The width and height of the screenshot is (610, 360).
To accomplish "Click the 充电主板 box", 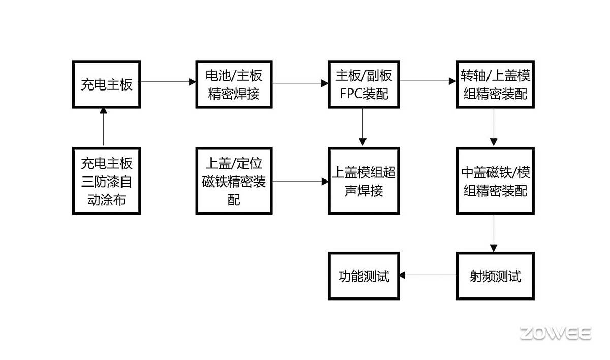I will pyautogui.click(x=106, y=84).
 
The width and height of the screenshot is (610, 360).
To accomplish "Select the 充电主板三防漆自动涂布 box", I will pyautogui.click(x=106, y=181).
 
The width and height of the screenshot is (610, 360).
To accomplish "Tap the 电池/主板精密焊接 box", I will pyautogui.click(x=234, y=84).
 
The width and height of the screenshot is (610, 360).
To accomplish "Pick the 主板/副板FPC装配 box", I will pyautogui.click(x=363, y=84).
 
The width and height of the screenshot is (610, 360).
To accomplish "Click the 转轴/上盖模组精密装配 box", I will pyautogui.click(x=495, y=84).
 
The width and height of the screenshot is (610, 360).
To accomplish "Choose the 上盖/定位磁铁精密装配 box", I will pyautogui.click(x=234, y=181).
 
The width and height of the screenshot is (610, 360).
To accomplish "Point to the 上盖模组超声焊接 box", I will pyautogui.click(x=363, y=181).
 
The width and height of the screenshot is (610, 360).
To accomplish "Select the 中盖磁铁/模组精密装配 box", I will pyautogui.click(x=495, y=181).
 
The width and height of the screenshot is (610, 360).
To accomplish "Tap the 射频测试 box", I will pyautogui.click(x=495, y=276).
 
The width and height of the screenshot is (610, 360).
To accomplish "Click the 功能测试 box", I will pyautogui.click(x=363, y=276).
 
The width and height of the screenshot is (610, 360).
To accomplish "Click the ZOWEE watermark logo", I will pyautogui.click(x=555, y=334).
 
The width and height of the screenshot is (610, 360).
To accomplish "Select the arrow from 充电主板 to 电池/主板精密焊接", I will pyautogui.click(x=168, y=81).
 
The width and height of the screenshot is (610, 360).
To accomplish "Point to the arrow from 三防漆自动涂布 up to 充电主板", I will pyautogui.click(x=104, y=128).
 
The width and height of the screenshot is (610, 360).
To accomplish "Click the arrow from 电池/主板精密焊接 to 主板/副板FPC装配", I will pyautogui.click(x=300, y=83).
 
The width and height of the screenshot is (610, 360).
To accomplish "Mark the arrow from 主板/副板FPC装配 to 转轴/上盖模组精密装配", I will pyautogui.click(x=428, y=81).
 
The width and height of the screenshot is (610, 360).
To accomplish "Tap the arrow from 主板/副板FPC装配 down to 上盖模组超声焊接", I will pyautogui.click(x=363, y=128).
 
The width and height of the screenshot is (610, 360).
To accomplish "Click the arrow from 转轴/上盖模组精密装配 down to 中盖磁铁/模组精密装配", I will pyautogui.click(x=494, y=128).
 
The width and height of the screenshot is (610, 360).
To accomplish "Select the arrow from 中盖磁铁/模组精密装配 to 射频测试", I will pyautogui.click(x=494, y=233).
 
